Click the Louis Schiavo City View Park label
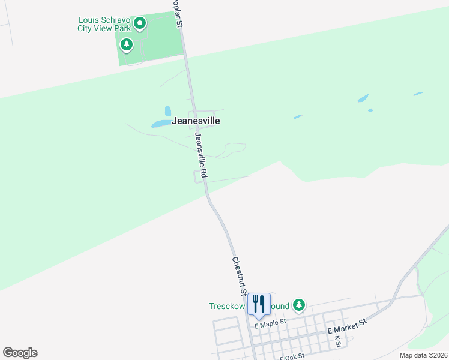105,24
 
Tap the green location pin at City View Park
140,24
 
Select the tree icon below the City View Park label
126,44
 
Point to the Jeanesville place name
196,121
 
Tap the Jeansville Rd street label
200,155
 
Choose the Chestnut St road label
240,275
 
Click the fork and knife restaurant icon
259,304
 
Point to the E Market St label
347,328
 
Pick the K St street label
337,341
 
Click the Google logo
20,353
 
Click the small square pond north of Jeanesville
168,111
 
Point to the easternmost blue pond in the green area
418,94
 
